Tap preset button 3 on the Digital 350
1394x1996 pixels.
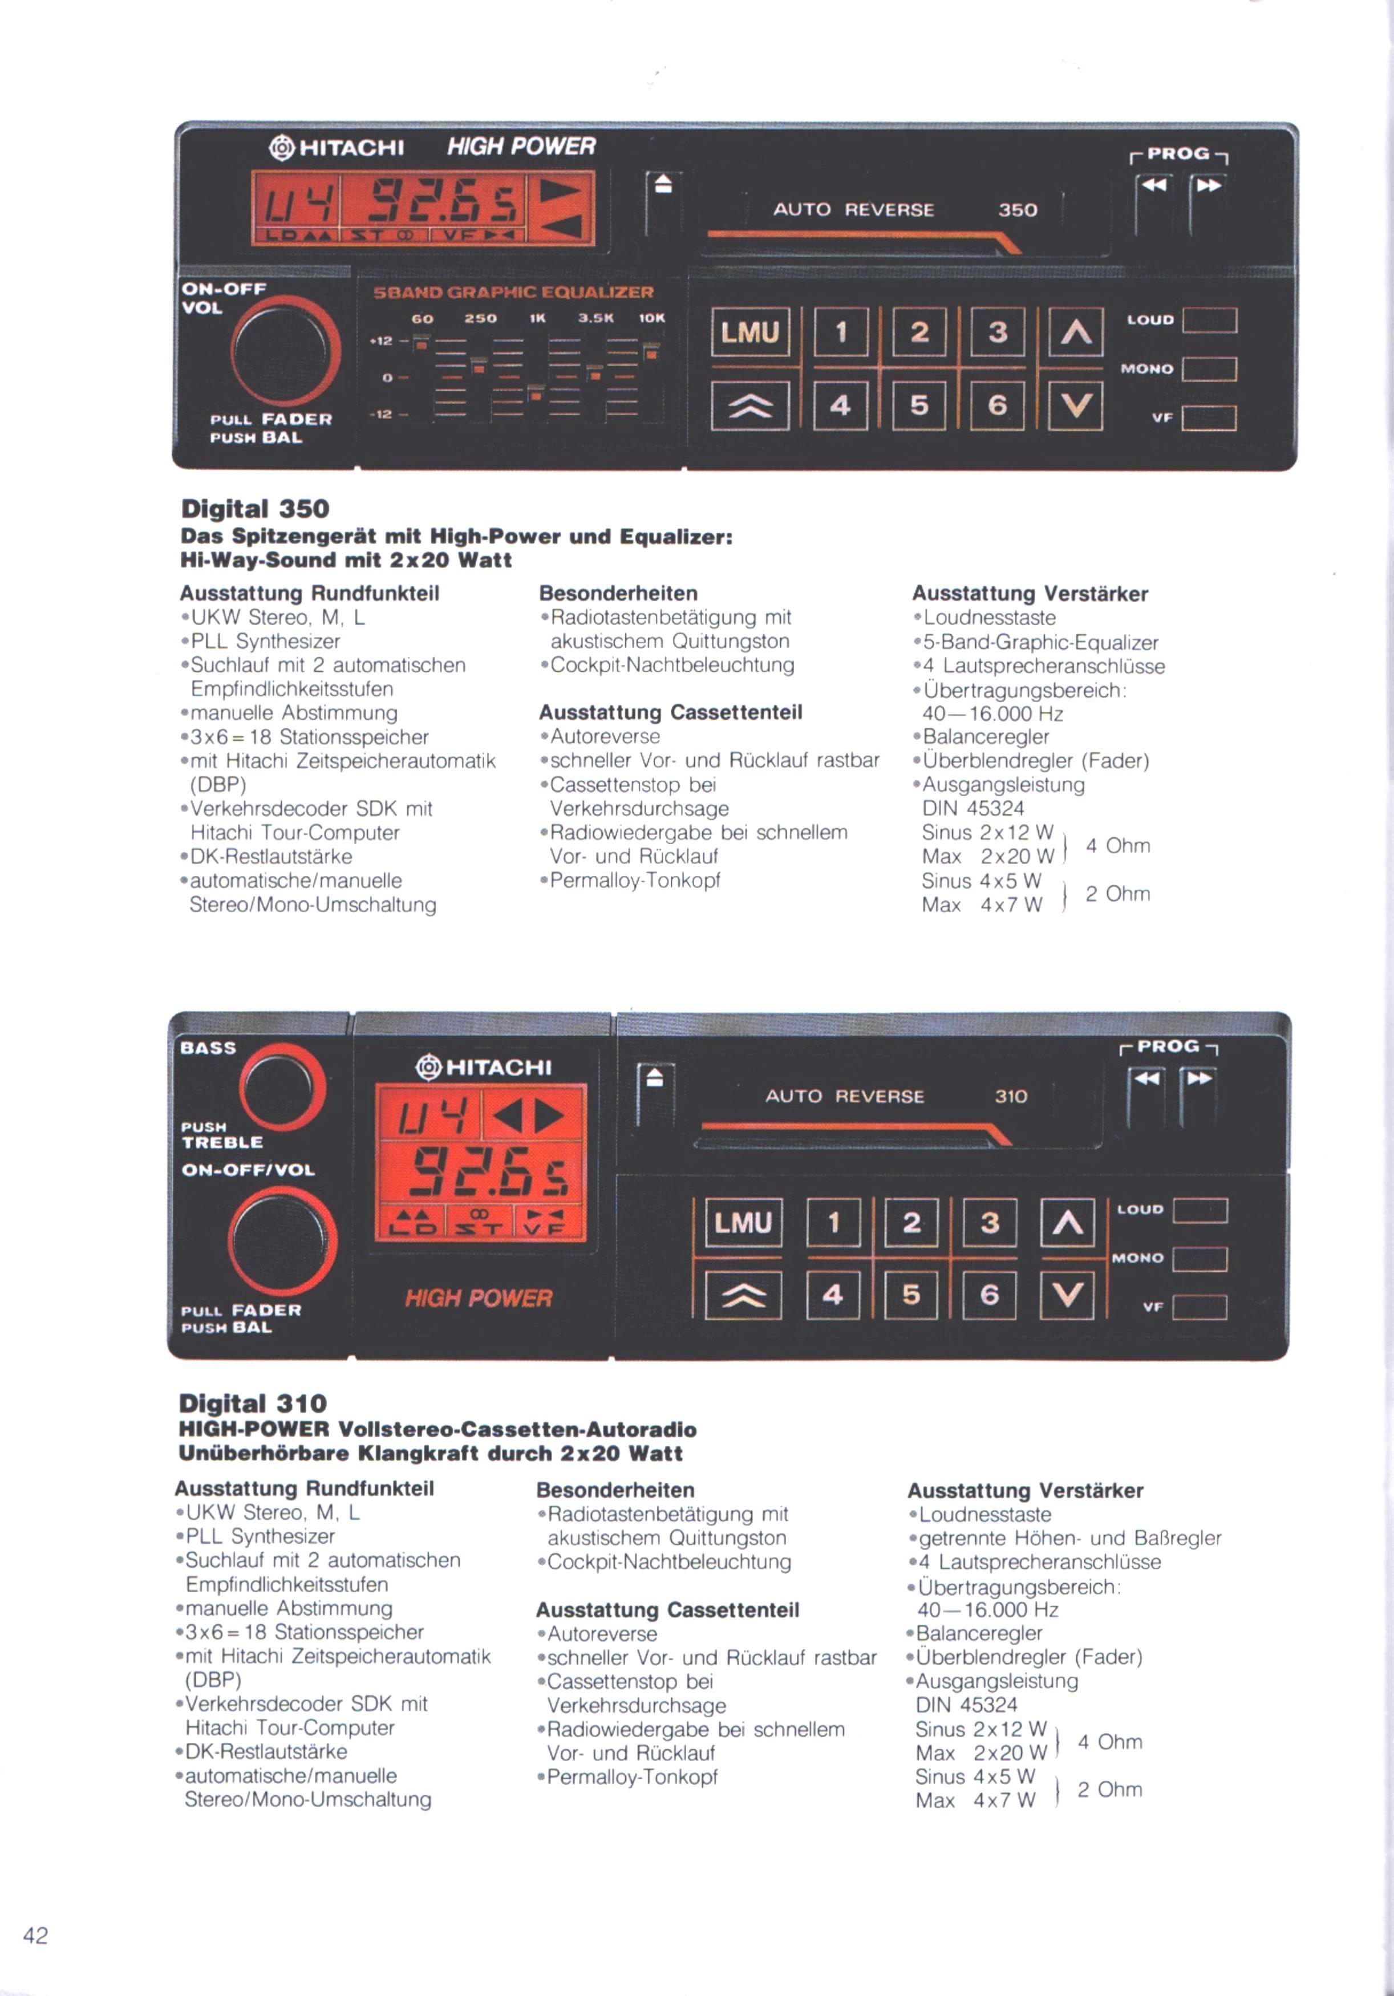(x=998, y=332)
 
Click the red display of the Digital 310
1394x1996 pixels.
(x=481, y=1162)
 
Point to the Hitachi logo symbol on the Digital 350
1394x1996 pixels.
(x=282, y=148)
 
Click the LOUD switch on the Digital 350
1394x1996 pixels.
(x=1210, y=320)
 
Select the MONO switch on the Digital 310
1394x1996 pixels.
(x=1200, y=1259)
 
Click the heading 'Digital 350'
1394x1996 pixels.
(x=255, y=509)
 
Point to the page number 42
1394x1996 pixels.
(x=36, y=1935)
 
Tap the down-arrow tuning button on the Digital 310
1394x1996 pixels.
(x=1067, y=1295)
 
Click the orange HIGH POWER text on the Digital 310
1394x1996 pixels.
(x=479, y=1298)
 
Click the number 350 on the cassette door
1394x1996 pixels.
(x=1018, y=209)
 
